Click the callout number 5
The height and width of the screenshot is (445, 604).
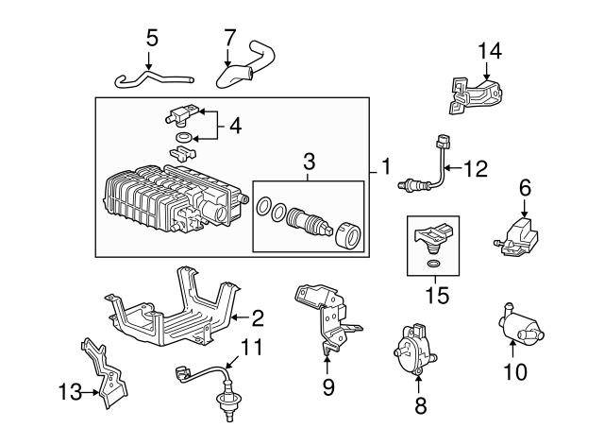coord(152,41)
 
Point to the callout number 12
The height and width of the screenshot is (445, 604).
coord(477,169)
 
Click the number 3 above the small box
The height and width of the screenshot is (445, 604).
coord(309,163)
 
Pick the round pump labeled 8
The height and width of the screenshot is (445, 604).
coord(413,349)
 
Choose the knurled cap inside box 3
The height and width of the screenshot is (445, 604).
coord(344,232)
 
